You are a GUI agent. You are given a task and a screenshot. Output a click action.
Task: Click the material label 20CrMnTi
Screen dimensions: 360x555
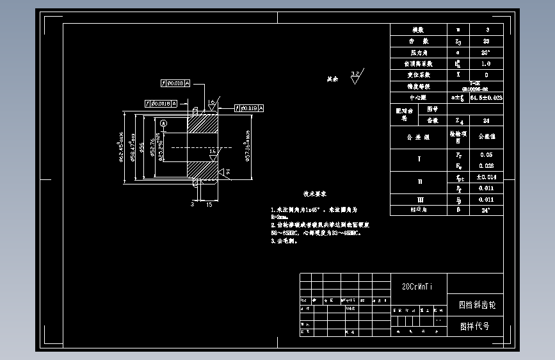click(x=417, y=286)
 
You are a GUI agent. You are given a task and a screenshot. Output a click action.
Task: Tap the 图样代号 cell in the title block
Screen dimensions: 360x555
click(x=475, y=326)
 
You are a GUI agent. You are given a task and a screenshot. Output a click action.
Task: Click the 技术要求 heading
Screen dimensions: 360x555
click(x=315, y=193)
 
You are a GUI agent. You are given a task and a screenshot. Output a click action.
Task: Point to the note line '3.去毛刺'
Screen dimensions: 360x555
click(x=285, y=241)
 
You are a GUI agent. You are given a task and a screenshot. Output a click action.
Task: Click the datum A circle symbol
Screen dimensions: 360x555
click(x=163, y=123)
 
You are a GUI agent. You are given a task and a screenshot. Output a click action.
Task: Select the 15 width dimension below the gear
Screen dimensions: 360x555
click(x=209, y=204)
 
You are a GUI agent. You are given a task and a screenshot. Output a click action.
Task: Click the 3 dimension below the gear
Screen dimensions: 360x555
click(x=192, y=204)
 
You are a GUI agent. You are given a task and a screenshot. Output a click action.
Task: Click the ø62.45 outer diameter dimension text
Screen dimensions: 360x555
click(x=121, y=146)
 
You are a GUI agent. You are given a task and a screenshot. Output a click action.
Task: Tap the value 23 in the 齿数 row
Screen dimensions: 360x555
click(x=487, y=41)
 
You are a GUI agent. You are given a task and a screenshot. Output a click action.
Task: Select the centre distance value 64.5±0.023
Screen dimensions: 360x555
click(x=486, y=98)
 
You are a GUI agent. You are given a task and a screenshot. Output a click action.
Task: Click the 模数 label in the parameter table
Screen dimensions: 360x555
click(x=418, y=30)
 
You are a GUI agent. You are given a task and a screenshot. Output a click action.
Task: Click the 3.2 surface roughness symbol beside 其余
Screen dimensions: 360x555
click(x=355, y=77)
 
